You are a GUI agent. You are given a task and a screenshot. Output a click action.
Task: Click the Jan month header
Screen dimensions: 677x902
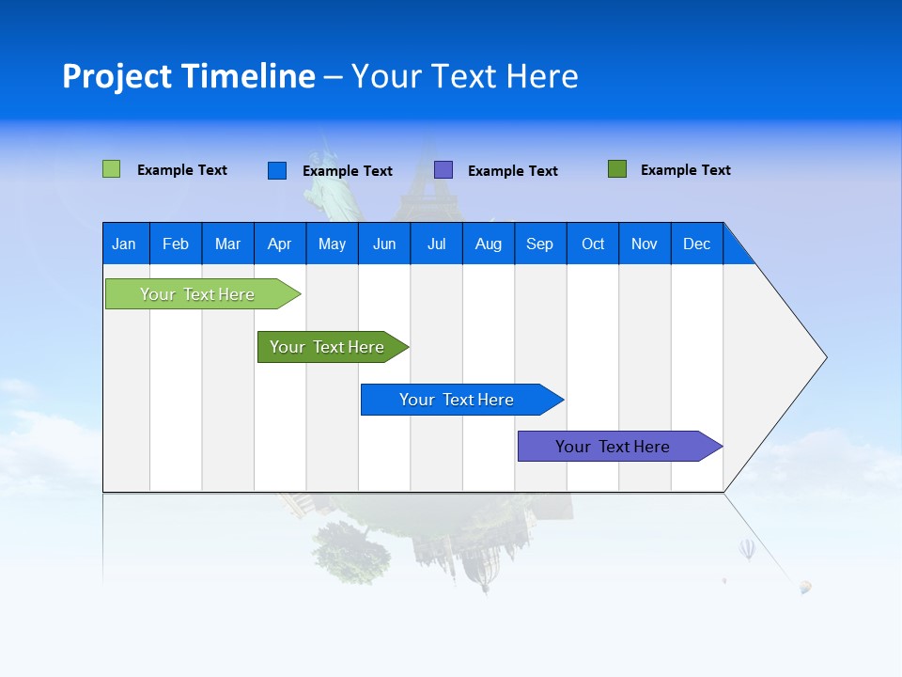tap(124, 244)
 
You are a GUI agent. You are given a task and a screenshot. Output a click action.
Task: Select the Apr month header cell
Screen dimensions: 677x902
tap(279, 244)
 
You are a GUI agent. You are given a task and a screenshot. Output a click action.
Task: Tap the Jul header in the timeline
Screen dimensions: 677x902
tap(436, 244)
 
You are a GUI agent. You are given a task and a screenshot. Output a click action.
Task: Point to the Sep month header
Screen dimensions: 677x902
tap(539, 244)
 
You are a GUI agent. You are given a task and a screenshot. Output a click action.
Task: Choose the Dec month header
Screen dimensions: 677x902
tap(696, 244)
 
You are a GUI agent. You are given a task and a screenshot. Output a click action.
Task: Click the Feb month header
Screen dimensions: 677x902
tap(176, 244)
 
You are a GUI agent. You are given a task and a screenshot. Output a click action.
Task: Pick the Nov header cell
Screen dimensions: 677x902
tap(644, 244)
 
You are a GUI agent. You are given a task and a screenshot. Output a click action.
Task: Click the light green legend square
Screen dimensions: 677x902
tap(111, 169)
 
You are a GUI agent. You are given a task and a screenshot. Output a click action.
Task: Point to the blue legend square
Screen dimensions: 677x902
tap(277, 170)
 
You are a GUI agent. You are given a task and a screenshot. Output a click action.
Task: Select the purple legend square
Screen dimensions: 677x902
tap(443, 170)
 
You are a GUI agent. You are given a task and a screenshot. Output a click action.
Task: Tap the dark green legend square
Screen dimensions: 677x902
tap(617, 169)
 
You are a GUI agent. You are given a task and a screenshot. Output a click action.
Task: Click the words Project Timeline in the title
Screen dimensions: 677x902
tap(189, 76)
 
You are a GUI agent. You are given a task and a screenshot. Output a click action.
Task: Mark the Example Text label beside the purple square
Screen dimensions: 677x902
tap(512, 171)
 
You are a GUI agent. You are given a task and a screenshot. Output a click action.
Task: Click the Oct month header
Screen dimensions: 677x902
tap(593, 244)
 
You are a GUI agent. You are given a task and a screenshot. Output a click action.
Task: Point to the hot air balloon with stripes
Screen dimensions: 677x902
tap(747, 548)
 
